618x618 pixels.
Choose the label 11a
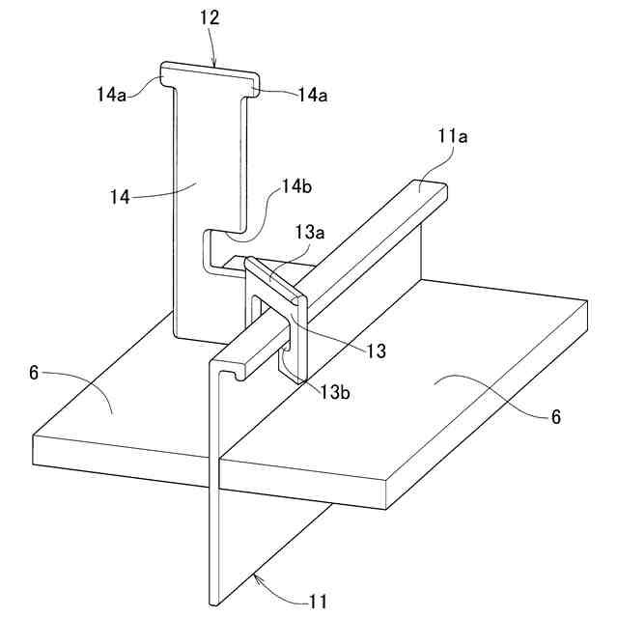click(x=452, y=137)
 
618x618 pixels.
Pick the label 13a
click(x=311, y=232)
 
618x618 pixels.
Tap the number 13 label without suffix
click(x=376, y=351)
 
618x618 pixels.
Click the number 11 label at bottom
click(x=319, y=602)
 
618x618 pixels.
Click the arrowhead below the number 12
click(x=214, y=66)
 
